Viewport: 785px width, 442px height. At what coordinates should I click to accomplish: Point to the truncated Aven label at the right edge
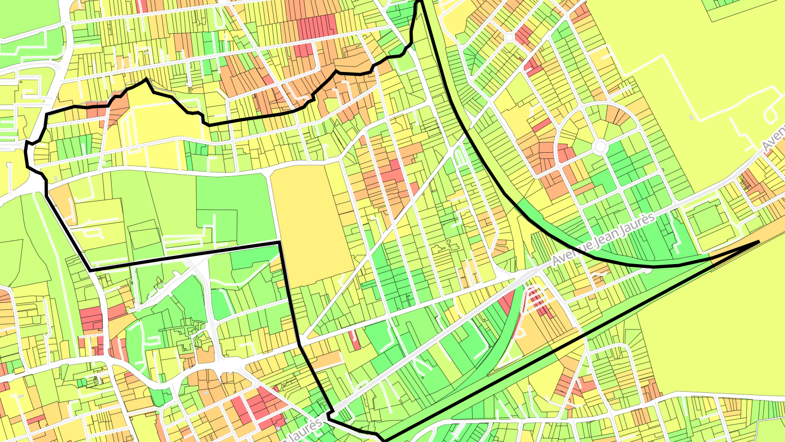(x=774, y=139)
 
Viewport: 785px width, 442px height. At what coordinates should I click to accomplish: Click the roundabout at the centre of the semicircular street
(x=600, y=147)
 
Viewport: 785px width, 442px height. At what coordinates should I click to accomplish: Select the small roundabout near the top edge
(x=509, y=37)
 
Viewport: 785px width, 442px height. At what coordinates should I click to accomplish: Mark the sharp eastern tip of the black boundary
(x=759, y=241)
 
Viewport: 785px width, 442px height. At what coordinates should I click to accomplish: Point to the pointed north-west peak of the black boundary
(x=146, y=80)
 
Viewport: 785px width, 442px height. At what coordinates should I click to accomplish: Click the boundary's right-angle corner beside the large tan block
(x=280, y=242)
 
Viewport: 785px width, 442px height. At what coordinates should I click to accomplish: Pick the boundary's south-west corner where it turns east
(x=90, y=270)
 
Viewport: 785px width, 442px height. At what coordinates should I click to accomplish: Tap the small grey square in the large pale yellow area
(x=691, y=117)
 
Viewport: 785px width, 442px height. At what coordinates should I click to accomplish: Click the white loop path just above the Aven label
(x=772, y=114)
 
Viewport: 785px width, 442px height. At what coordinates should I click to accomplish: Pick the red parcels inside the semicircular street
(x=565, y=153)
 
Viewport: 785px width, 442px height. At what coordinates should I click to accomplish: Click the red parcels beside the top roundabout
(x=524, y=35)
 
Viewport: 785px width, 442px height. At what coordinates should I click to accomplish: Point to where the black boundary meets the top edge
(x=420, y=2)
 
